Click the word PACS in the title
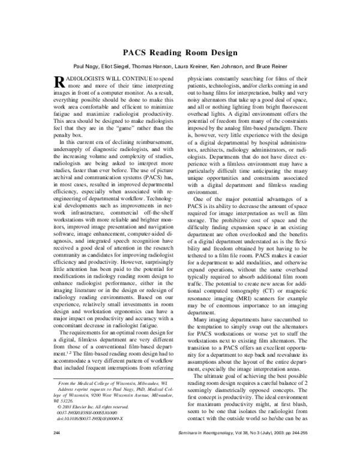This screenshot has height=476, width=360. pyautogui.click(x=136, y=52)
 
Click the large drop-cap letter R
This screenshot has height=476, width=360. pyautogui.click(x=59, y=83)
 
